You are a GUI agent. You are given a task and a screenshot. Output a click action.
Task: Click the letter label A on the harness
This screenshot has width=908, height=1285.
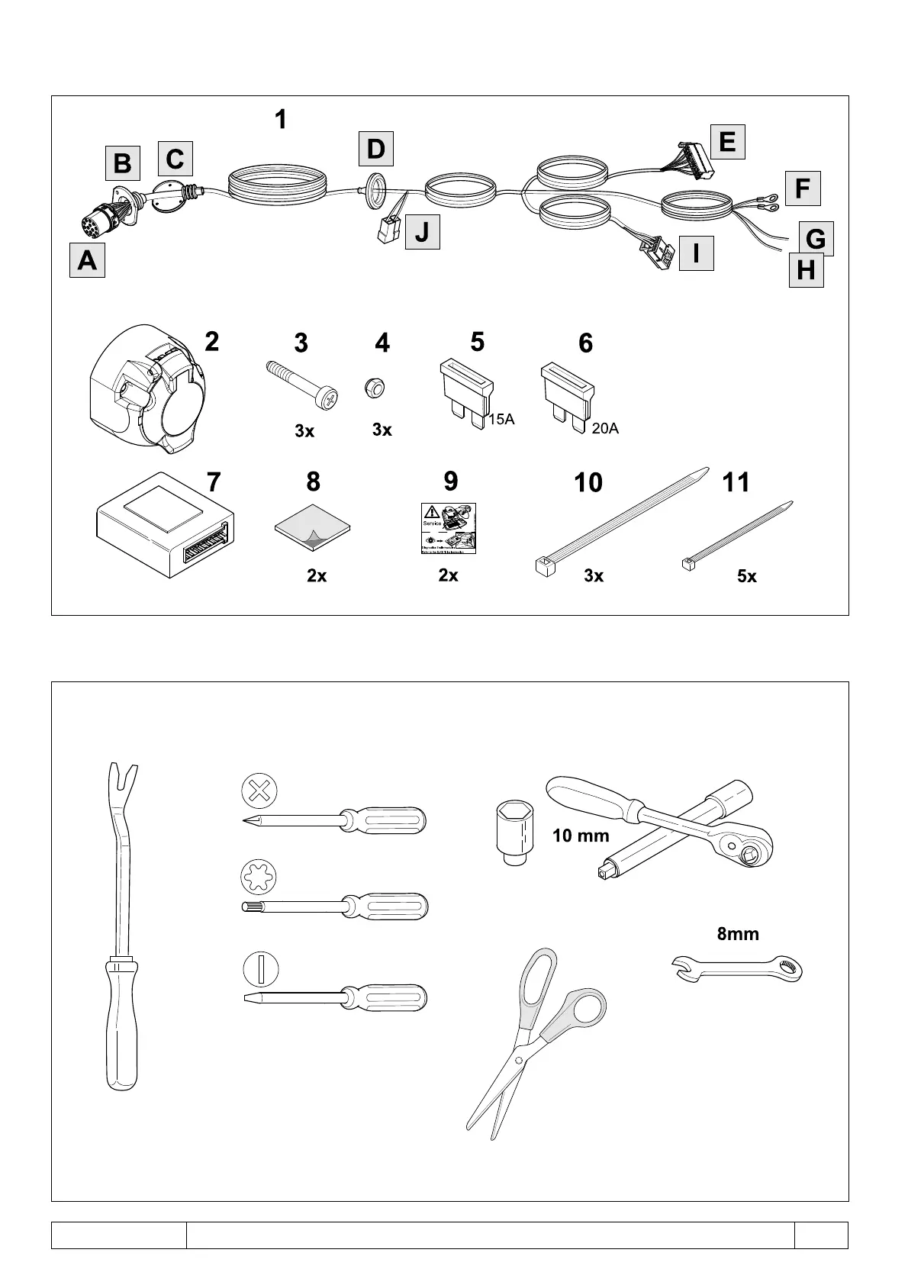pos(87,260)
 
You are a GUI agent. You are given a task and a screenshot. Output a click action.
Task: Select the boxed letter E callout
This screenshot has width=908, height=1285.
pos(726,142)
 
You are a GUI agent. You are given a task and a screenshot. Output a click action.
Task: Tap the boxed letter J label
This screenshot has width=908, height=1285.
pos(422,232)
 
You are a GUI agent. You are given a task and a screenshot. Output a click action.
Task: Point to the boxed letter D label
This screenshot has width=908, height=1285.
pos(375,149)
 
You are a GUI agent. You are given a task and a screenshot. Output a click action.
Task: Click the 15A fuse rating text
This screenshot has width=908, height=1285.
pos(501,418)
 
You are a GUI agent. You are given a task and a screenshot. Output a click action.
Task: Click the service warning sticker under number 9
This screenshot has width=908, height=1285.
pos(449,528)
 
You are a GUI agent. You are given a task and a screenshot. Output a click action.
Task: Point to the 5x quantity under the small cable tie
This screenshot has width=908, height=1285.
pos(746,577)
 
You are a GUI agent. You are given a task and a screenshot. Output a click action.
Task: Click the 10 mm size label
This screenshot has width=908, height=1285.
pos(581,836)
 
